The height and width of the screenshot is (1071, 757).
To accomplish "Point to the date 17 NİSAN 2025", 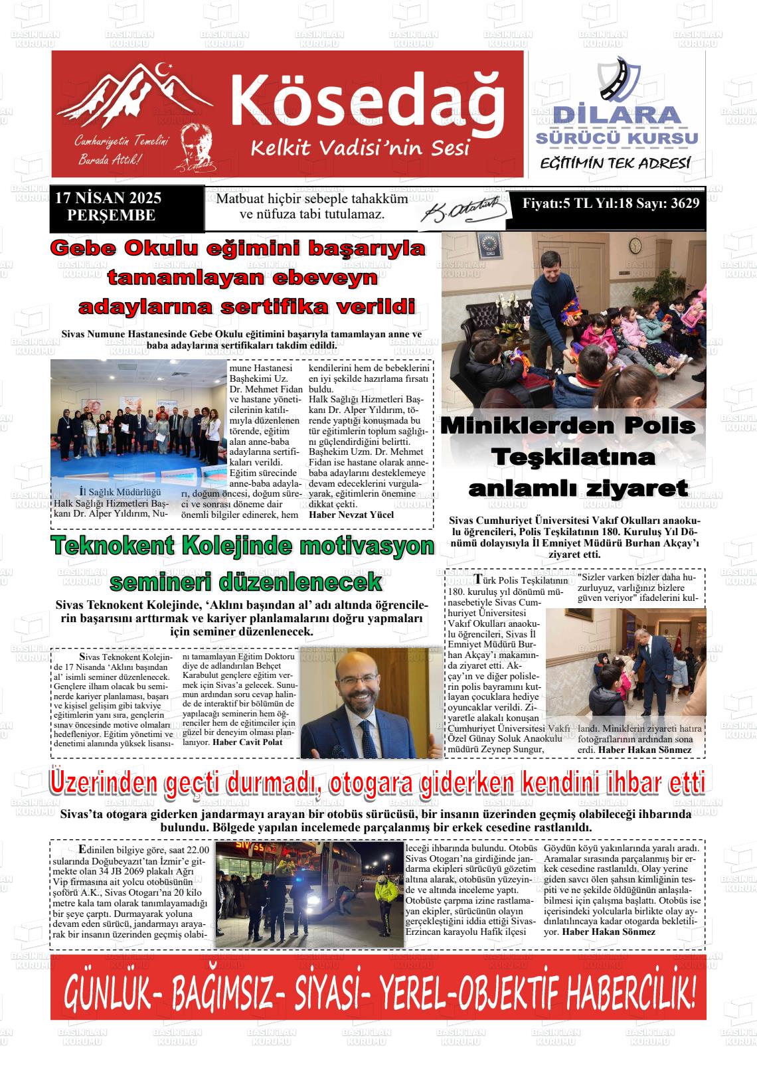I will [x=108, y=199].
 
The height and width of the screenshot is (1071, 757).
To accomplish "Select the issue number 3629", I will [x=684, y=204].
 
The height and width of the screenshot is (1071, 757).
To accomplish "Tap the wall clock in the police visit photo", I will [x=635, y=246].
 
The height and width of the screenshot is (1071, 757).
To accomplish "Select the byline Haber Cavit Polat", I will [x=247, y=742].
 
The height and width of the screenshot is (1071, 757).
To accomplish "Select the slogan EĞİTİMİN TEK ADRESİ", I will [x=615, y=163].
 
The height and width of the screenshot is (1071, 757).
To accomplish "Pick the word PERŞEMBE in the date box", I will [x=112, y=215].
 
